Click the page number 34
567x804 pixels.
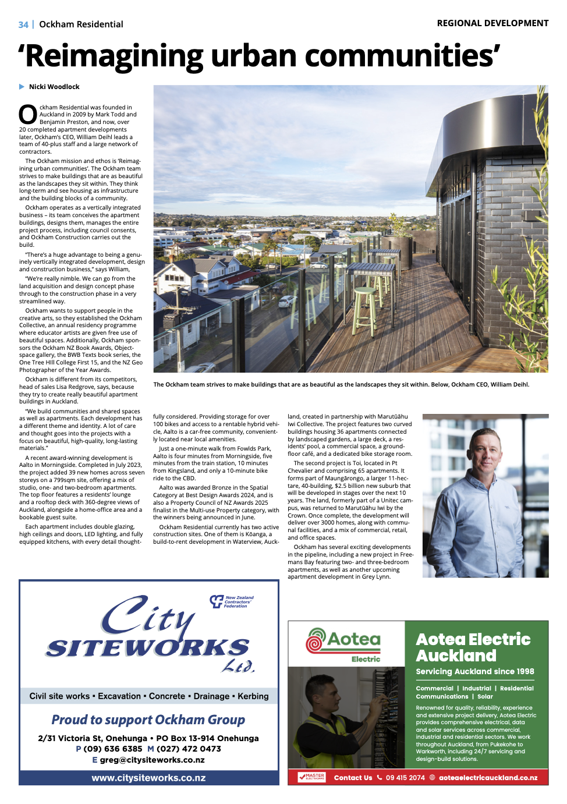point(23,24)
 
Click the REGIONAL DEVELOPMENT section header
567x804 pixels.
point(492,23)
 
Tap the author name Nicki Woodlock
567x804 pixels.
point(54,87)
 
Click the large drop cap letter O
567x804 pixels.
point(28,115)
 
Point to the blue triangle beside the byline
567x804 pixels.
point(22,87)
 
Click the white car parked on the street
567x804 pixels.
point(287,301)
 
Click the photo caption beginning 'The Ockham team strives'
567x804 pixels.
point(341,384)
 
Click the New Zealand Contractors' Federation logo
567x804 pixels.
point(232,601)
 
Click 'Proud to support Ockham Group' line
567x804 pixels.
point(148,720)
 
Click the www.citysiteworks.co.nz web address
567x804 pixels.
point(148,778)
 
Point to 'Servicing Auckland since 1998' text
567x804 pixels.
point(474,671)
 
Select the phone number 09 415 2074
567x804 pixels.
point(405,778)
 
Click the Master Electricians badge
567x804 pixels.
point(311,777)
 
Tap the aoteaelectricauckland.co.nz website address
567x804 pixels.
point(488,778)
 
